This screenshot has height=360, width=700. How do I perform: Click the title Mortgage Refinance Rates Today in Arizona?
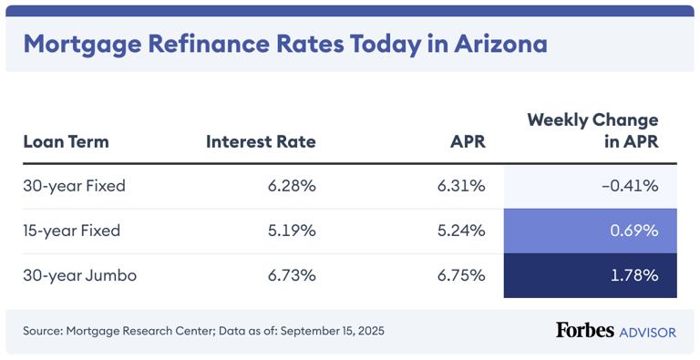[284, 43]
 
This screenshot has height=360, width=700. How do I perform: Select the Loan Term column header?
[66, 141]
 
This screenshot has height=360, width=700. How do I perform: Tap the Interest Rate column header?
[261, 141]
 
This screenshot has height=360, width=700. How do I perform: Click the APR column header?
[467, 141]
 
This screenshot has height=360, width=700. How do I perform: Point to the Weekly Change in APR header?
[592, 130]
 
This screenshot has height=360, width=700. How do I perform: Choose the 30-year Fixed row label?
[74, 186]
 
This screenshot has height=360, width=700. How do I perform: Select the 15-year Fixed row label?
[73, 231]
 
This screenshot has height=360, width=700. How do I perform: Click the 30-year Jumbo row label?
[79, 275]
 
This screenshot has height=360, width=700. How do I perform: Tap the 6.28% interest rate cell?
[291, 186]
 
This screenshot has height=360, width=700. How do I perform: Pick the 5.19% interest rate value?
[291, 231]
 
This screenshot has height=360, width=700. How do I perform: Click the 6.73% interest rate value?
[291, 275]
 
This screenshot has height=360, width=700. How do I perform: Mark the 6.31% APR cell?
[460, 186]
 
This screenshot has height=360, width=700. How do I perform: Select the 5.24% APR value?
[460, 231]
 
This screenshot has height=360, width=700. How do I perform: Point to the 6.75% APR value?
[460, 275]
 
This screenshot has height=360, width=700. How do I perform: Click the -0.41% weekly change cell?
[630, 186]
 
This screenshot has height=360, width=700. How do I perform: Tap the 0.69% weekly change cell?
[633, 231]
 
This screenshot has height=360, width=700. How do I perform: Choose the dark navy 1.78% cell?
[633, 275]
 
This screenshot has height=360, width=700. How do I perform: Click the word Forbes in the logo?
[584, 330]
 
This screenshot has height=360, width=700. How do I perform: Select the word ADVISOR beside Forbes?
[648, 332]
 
